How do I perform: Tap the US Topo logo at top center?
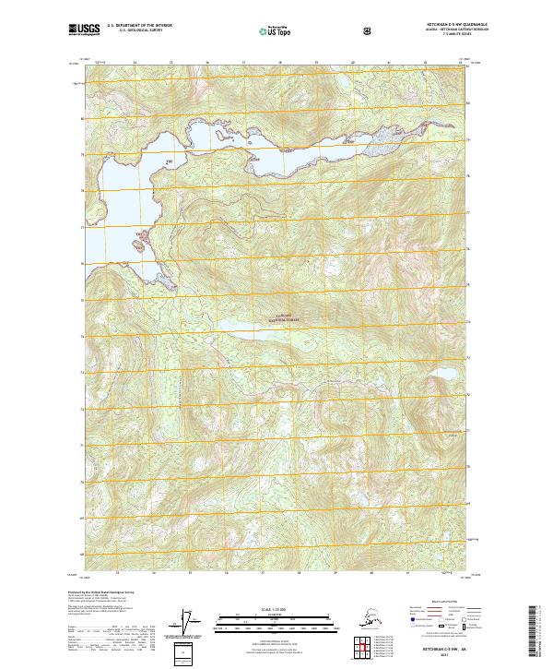pos(274,30)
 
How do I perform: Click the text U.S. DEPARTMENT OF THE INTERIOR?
pos(139,27)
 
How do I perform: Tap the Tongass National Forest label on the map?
pos(278,317)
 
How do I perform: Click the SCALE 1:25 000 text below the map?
pos(274,610)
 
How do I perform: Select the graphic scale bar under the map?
pos(274,619)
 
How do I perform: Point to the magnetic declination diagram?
pos(189,624)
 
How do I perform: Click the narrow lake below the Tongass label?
pos(276,332)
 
